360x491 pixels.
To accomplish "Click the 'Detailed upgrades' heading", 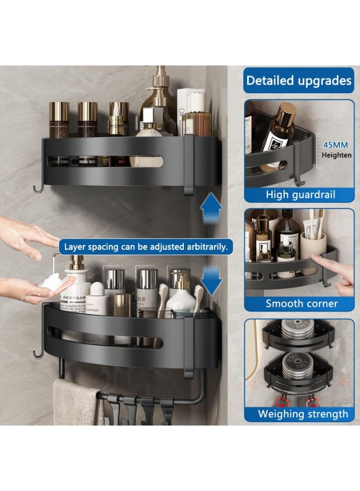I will click(x=299, y=81).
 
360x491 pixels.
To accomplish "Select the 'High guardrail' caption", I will click(x=301, y=194).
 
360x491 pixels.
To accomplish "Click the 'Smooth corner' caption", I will click(x=302, y=303).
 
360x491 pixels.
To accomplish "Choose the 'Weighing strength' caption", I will click(x=303, y=414).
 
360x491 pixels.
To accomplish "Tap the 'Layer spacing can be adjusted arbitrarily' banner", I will click(x=146, y=247).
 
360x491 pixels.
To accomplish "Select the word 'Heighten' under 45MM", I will click(x=337, y=155).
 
